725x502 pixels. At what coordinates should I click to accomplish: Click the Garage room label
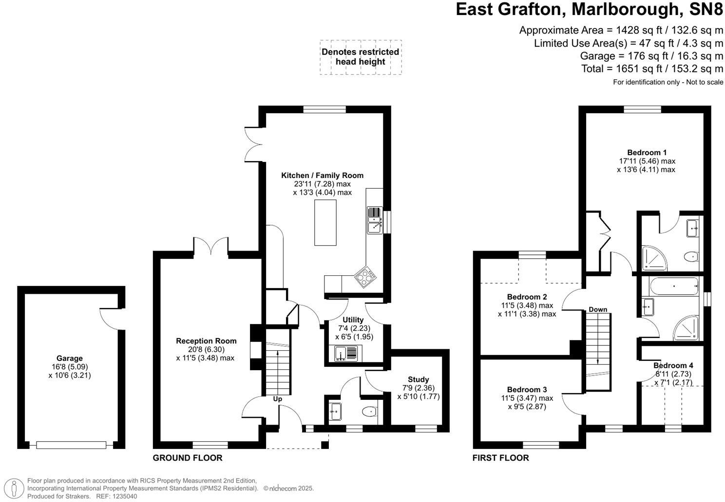tap(70, 359)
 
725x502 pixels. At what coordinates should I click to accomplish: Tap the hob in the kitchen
tap(365, 278)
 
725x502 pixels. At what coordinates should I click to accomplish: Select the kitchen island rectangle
tap(325, 222)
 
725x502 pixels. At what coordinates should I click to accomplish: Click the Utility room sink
tap(345, 353)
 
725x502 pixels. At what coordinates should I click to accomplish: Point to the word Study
tap(419, 379)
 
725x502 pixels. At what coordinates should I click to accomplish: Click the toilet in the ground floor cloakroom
tap(370, 412)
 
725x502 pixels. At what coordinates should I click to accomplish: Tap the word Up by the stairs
tap(277, 399)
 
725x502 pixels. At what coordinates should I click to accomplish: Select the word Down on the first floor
tap(598, 309)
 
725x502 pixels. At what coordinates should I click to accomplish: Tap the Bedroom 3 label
tap(527, 390)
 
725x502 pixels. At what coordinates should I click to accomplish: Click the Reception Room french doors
tap(211, 246)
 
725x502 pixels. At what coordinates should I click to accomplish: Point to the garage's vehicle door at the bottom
tap(71, 445)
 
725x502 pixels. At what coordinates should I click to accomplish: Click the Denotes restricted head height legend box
tap(361, 57)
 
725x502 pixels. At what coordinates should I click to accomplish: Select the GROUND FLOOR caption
tap(188, 458)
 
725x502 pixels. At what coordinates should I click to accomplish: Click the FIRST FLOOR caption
tap(500, 458)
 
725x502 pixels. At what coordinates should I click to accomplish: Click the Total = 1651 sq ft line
tap(652, 69)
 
